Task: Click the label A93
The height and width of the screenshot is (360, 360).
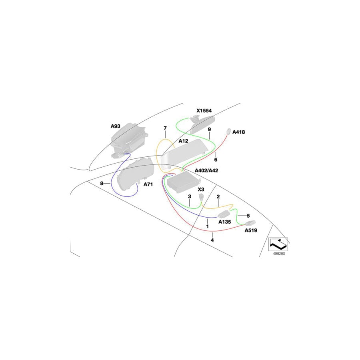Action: click(x=115, y=126)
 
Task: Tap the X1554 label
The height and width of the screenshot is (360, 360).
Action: click(x=204, y=111)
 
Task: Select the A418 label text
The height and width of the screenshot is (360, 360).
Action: click(x=238, y=132)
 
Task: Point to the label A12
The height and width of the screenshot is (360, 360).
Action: click(x=183, y=141)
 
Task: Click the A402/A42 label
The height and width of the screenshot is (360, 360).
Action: click(x=206, y=170)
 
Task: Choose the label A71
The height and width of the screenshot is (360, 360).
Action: click(x=148, y=184)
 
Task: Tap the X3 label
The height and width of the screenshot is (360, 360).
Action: click(x=201, y=190)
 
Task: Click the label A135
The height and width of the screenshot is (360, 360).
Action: click(x=224, y=222)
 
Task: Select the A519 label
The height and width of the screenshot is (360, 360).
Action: click(x=251, y=230)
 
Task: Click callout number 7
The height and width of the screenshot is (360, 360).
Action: click(x=165, y=128)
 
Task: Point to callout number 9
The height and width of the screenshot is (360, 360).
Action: click(x=209, y=130)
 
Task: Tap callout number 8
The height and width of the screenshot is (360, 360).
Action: click(x=102, y=184)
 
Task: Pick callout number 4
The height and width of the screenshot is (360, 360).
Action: click(x=212, y=240)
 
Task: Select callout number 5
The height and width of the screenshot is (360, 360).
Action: click(x=248, y=216)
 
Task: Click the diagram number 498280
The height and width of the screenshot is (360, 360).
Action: click(x=279, y=254)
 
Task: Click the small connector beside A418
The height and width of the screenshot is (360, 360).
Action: click(x=228, y=131)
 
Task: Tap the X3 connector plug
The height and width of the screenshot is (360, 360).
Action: click(x=201, y=197)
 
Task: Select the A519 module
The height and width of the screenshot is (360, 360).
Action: click(x=250, y=223)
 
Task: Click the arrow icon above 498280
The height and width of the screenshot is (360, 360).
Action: click(x=278, y=244)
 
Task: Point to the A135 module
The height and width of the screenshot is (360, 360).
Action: click(x=224, y=214)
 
